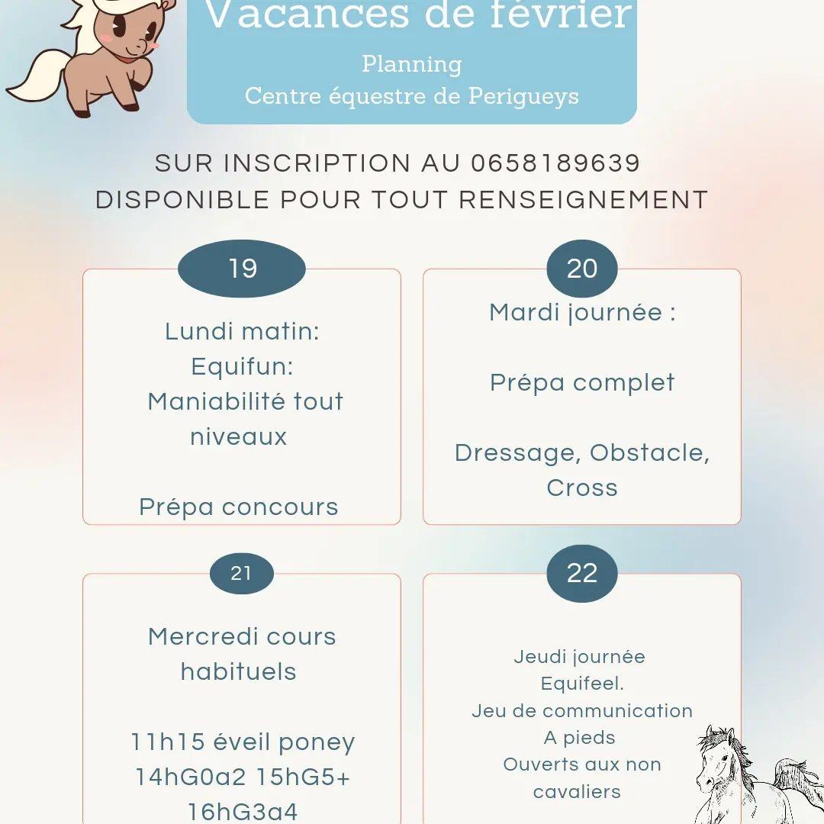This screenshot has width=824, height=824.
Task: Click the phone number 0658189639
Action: tap(555, 163)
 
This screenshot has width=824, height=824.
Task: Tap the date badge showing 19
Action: tap(242, 269)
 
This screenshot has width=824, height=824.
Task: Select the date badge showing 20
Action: tap(582, 269)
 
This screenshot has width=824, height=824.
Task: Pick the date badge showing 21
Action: tap(241, 573)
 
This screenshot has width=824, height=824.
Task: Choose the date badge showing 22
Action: tap(582, 574)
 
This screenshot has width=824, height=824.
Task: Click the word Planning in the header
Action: tap(412, 64)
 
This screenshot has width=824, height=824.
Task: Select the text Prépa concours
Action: tap(239, 507)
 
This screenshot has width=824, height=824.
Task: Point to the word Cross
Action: tap(582, 488)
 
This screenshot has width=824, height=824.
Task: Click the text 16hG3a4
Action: tap(243, 811)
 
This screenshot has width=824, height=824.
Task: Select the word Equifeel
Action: tap(582, 684)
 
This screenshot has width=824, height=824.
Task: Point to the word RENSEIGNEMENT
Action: tap(584, 200)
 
